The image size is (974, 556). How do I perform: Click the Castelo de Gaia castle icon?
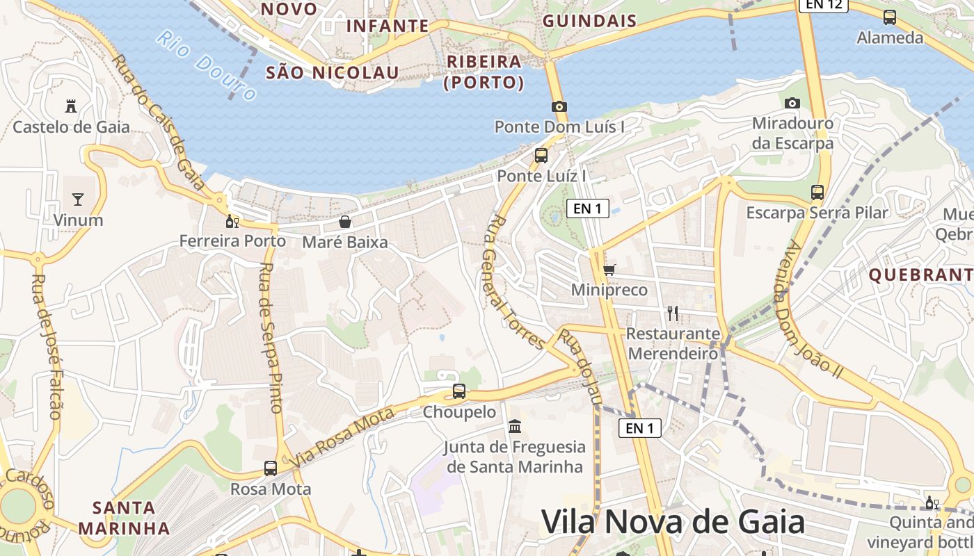(x=70, y=106)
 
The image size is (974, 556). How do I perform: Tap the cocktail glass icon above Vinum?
(x=77, y=199)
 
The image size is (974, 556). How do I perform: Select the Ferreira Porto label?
(x=232, y=241)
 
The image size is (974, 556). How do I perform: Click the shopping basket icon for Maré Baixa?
(x=344, y=222)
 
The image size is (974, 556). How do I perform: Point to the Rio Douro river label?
(x=206, y=65)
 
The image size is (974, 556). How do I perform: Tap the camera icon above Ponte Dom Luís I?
(x=559, y=106)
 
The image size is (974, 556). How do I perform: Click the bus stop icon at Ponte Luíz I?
(x=541, y=156)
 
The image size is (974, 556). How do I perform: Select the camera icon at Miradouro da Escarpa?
(x=792, y=103)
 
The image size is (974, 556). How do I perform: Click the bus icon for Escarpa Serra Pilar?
(x=817, y=192)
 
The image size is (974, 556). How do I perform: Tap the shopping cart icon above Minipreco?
(x=609, y=269)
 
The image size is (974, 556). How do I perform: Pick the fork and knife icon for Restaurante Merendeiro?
(x=672, y=313)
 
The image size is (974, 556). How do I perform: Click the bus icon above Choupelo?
(x=458, y=391)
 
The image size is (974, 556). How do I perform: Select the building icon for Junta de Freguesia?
(x=515, y=425)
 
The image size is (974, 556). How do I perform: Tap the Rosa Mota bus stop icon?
(x=270, y=468)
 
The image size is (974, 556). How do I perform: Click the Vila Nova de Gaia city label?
(x=673, y=522)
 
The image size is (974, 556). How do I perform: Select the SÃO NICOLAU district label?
(x=333, y=72)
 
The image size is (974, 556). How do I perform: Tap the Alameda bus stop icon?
(x=889, y=17)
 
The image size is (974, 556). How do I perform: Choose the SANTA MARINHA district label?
(x=124, y=518)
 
